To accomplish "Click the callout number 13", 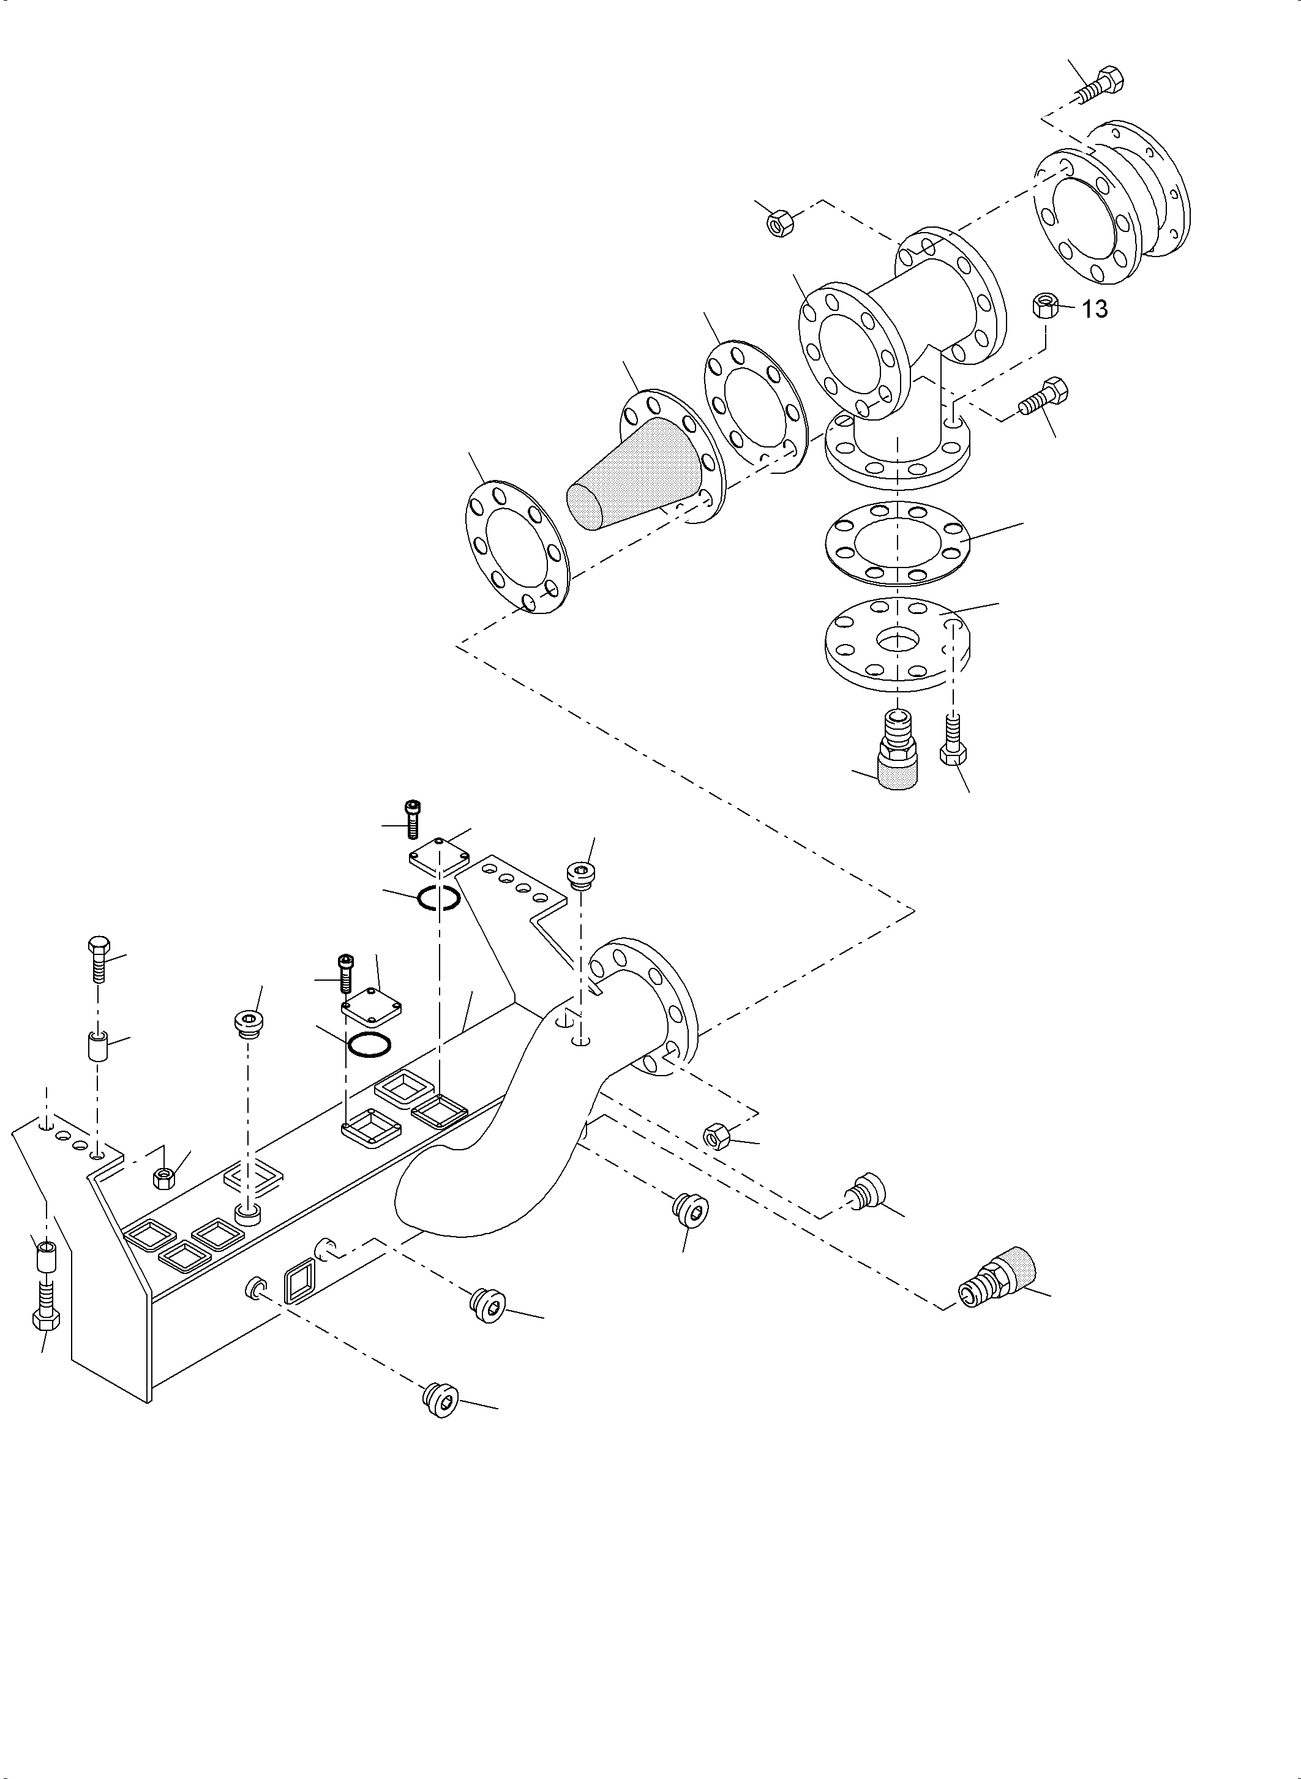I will [x=1095, y=310].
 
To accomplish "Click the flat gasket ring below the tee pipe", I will [x=897, y=544].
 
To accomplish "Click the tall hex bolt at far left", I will [x=98, y=959].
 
